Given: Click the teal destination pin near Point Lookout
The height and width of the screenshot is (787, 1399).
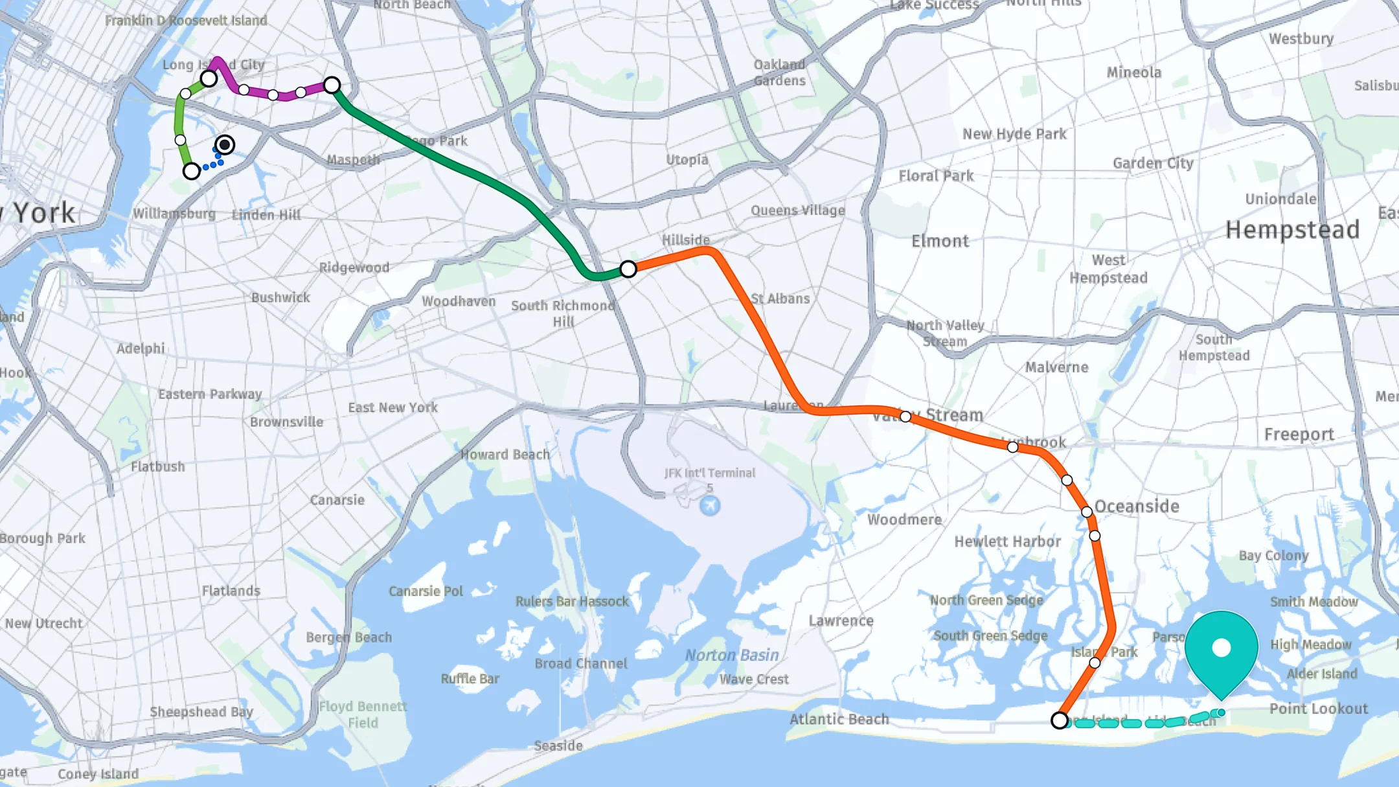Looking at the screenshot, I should coord(1221,648).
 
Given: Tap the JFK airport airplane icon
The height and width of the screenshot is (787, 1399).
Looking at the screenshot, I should coord(710,505).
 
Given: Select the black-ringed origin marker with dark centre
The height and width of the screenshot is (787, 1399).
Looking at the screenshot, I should coord(225,144).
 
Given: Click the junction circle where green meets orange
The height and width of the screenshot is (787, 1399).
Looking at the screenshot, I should coord(628,269).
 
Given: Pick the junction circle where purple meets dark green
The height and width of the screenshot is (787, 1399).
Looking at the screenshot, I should coord(332,85).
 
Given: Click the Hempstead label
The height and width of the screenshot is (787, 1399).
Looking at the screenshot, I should coord(1292,230).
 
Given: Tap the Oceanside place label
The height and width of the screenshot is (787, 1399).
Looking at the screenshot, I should coord(1137,507).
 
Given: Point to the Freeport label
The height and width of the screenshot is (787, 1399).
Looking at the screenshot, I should coord(1299,435).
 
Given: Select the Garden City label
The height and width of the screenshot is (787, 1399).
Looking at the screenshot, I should coord(1153,163).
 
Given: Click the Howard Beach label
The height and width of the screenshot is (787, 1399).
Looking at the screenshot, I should coord(505,455).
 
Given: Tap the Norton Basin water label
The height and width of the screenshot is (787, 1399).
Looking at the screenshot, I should coord(732,656).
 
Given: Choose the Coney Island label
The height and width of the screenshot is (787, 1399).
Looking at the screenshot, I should coord(98,774).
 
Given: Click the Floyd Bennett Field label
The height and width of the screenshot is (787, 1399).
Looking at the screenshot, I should coord(363,714).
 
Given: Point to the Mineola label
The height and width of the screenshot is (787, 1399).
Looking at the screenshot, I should coord(1133,73).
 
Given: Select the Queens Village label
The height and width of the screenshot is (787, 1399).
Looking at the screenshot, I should coord(797,211).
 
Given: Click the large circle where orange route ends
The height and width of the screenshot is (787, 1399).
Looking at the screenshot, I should coord(1059,720).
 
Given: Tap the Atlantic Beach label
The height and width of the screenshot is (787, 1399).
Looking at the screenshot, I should coord(839,719).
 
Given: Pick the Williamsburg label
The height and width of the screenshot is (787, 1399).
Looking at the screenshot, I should coord(174,214).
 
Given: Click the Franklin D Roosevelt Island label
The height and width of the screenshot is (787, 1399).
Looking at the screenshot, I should coord(186,21).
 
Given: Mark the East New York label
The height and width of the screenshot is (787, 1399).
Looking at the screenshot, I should coord(392,407).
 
